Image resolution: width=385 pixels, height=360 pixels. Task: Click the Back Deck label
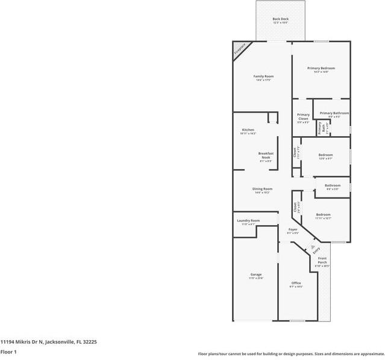point(280,19)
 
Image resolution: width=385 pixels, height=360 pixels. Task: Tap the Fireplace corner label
point(240,48)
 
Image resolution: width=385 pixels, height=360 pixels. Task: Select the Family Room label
point(263,76)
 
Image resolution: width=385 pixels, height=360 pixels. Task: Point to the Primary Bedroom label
point(321,68)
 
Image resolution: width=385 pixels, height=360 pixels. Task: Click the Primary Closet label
point(303,117)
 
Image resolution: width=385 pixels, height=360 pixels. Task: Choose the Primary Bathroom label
point(334,113)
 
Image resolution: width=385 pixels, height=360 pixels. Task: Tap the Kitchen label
point(248,130)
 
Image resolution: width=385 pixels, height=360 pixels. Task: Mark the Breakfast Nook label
point(266,155)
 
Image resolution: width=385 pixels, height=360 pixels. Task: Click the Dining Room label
point(263,189)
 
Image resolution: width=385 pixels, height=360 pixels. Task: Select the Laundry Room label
point(248,221)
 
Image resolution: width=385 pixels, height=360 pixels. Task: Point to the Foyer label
point(292,230)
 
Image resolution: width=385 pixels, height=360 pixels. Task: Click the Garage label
point(256,275)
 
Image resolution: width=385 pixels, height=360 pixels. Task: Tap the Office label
point(296,283)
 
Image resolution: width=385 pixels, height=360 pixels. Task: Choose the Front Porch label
point(322,261)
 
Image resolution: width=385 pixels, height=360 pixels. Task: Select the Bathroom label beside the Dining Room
point(333,185)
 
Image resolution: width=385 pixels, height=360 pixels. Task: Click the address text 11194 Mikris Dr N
point(48,341)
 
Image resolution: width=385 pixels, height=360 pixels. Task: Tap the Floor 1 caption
point(8,351)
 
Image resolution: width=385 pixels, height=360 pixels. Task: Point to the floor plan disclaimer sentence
point(291,353)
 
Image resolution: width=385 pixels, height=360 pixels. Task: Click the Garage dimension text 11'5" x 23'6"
point(256,278)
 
